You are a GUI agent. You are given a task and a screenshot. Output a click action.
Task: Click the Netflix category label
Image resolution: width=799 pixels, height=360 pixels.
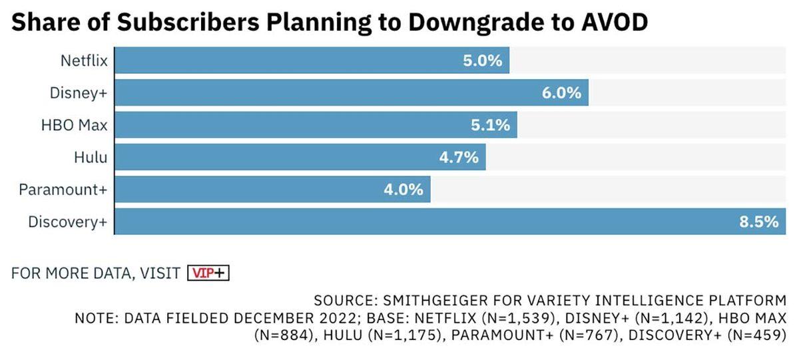[x=83, y=61]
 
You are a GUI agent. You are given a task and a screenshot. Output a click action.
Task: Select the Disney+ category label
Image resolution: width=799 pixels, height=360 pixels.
[x=78, y=94]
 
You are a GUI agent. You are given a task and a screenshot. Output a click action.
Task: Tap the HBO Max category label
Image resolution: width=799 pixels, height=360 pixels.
[x=75, y=126]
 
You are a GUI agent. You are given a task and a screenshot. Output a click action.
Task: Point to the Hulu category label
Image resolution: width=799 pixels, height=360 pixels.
[x=91, y=158]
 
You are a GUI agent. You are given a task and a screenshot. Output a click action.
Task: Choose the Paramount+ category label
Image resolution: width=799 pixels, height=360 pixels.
[x=63, y=190]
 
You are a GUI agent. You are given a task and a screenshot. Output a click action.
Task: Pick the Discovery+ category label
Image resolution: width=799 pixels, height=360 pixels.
[x=67, y=222]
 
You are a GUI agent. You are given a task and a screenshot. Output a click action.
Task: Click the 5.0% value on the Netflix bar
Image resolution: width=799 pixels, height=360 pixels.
[x=482, y=61]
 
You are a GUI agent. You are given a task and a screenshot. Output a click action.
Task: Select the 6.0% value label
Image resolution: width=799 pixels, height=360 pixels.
[x=561, y=94]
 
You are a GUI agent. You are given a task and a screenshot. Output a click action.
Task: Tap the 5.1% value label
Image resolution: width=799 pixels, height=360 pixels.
[x=490, y=126]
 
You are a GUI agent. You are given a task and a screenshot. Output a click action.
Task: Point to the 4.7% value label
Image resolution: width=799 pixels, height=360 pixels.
[x=459, y=158]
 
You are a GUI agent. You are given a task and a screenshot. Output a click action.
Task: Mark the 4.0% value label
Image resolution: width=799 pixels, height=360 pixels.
[x=403, y=190]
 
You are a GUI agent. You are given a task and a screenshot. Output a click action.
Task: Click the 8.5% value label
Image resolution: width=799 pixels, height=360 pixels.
[x=758, y=222]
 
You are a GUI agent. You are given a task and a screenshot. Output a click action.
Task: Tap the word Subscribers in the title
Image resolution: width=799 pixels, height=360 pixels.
[x=198, y=22]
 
